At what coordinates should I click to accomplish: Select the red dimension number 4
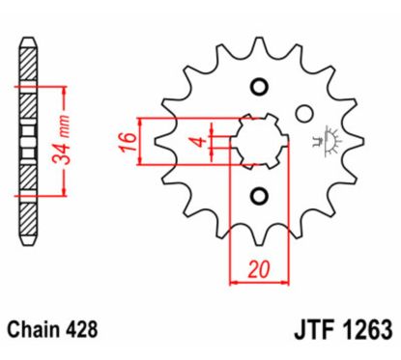pyautogui.click(x=197, y=142)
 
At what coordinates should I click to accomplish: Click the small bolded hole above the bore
pyautogui.click(x=258, y=88)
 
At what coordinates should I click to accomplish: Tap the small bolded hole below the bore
pyautogui.click(x=258, y=197)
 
